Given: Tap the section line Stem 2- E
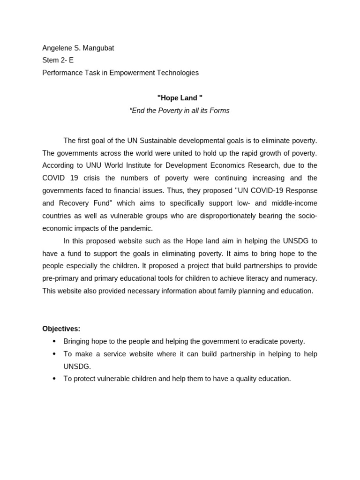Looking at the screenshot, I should click(58, 60).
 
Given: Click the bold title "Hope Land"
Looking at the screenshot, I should click(180, 98).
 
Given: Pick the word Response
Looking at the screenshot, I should click(300, 191).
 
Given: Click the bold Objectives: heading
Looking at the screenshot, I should click(61, 329).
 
